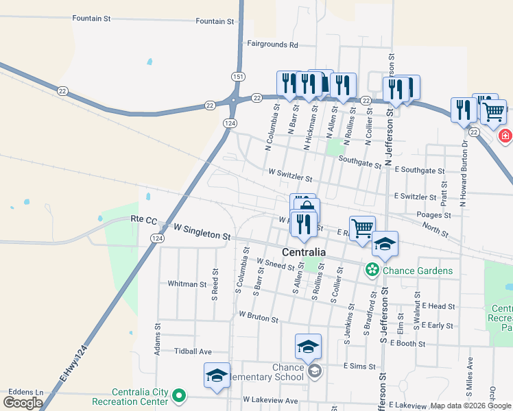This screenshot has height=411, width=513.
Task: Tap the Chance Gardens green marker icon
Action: (372, 271)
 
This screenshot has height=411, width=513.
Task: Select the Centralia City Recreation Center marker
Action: (179, 395)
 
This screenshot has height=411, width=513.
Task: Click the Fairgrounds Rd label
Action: (272, 45)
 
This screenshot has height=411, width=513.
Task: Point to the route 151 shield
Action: (237, 76)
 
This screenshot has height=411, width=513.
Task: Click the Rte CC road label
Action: (143, 220)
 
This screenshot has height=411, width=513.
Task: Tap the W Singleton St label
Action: (202, 231)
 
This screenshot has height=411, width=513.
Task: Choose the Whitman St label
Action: (187, 284)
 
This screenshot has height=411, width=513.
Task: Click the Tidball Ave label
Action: (193, 351)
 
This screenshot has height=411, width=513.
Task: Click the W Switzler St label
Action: (290, 175)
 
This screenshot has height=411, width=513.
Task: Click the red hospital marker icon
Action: (505, 136)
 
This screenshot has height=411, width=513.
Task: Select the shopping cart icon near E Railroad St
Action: (362, 227)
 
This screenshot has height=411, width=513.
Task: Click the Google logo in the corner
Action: (23, 403)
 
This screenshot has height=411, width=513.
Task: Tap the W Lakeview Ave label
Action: (270, 400)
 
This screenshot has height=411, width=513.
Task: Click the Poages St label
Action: (433, 215)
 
